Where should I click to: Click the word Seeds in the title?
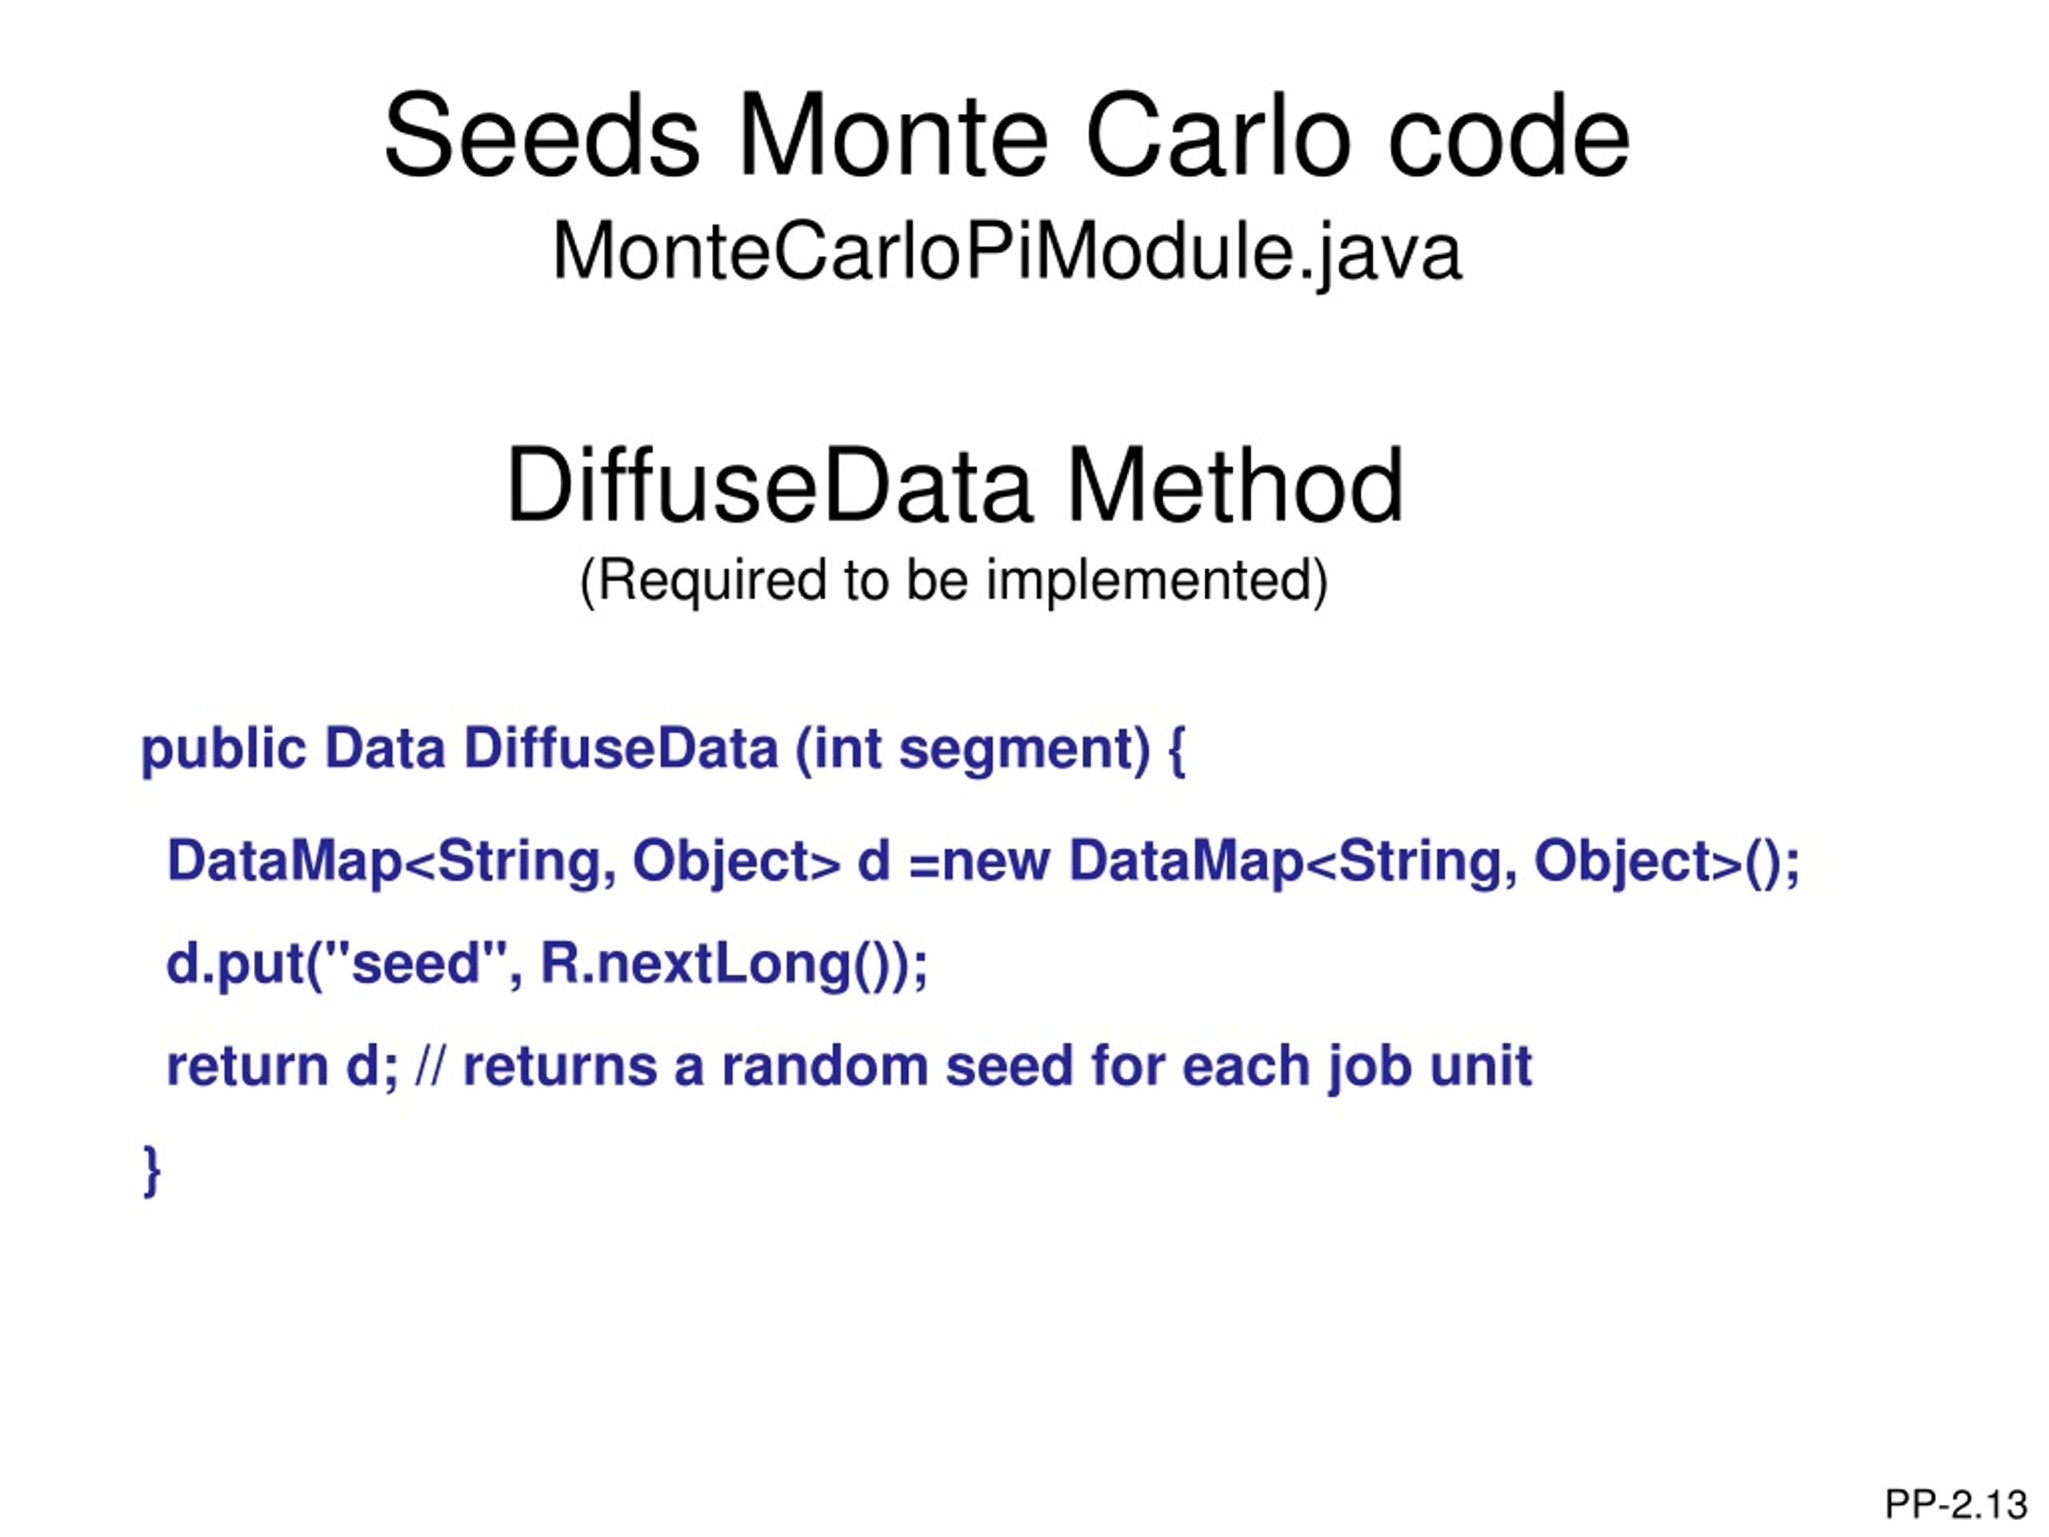541,136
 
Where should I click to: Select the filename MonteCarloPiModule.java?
1006,252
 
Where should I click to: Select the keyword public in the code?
223,748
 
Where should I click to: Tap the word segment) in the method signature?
1024,748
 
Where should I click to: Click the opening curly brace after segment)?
1177,750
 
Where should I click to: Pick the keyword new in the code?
996,861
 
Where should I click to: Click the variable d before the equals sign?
872,861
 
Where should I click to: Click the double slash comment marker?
430,1066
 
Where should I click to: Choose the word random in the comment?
824,1066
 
